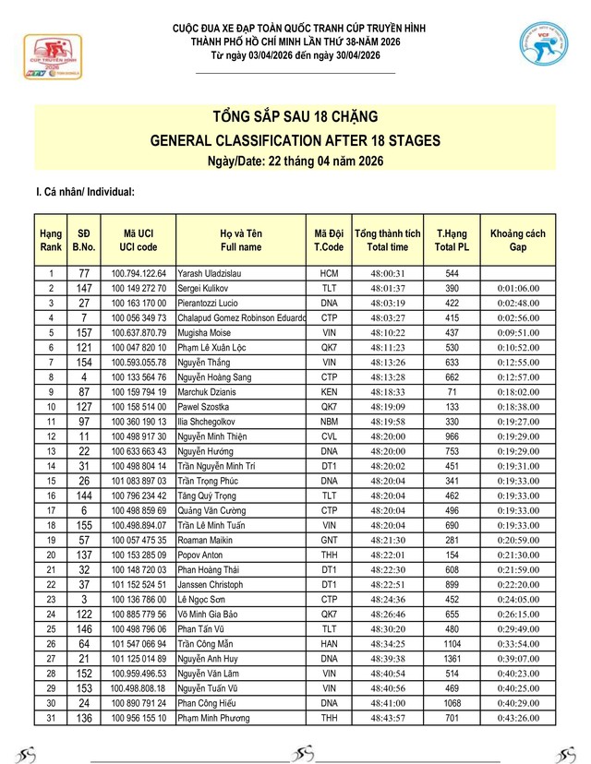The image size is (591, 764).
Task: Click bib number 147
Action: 84,289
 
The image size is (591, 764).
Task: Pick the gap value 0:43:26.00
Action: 518,718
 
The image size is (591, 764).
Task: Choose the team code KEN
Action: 329,392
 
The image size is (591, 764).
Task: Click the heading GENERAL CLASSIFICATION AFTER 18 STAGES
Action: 295,140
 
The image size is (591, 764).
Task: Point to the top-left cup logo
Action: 46,58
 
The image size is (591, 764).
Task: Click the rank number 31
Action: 51,718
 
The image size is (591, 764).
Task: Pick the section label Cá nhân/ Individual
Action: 85,192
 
